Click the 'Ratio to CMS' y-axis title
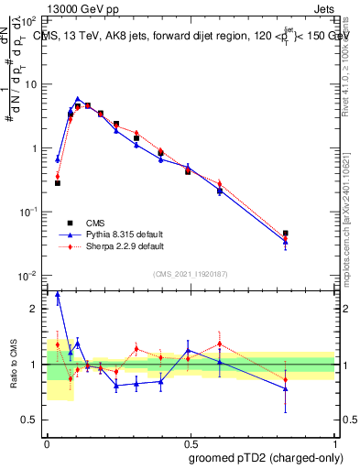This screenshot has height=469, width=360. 14,365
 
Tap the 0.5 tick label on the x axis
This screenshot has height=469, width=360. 190,441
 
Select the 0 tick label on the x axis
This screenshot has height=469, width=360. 47,441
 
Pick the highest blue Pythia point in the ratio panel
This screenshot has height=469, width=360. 58,295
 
